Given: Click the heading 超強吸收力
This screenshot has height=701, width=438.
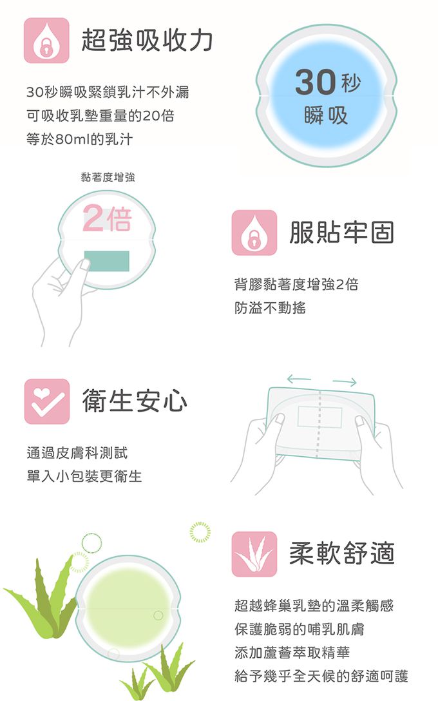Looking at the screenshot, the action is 147,40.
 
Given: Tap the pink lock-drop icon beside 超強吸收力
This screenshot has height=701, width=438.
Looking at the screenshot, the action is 46,40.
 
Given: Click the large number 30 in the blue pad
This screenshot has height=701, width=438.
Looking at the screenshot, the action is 315,82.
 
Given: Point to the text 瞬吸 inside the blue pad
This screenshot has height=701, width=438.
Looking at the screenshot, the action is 326,116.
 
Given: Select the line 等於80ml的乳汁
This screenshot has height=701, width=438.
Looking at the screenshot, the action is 80,139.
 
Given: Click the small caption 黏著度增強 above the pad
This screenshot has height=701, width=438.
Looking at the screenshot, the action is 108,177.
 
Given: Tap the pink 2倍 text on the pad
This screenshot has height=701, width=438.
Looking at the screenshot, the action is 108,218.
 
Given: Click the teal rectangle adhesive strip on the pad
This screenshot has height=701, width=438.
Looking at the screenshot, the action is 107,261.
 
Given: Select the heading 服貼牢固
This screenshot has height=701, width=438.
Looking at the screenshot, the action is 342,233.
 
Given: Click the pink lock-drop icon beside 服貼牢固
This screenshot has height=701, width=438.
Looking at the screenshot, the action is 254,233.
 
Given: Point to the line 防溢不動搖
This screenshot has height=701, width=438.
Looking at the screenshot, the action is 270,307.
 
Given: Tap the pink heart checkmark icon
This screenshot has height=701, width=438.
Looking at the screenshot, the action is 47,401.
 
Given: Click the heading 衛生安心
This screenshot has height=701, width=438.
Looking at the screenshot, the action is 135,401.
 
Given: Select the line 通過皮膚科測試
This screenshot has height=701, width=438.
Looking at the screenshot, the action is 77,453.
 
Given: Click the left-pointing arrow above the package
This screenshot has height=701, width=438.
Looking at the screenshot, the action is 299,379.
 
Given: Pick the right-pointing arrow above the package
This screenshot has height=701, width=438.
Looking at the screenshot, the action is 345,382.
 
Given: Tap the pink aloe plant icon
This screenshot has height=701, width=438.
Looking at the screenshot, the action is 254,554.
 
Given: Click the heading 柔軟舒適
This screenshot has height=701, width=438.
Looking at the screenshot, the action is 342,553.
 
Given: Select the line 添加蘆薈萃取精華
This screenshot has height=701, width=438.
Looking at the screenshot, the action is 292,653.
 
